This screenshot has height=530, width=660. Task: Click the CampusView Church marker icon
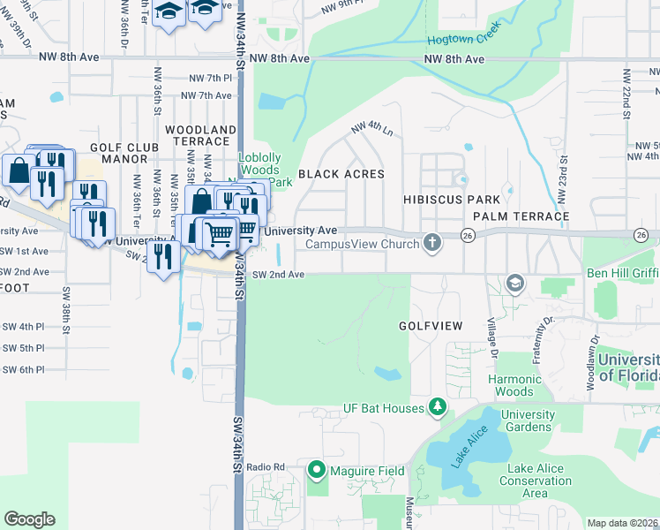pyautogui.click(x=431, y=241)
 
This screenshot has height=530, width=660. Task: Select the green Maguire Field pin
pyautogui.click(x=318, y=470)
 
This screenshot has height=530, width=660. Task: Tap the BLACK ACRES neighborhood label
pyautogui.click(x=341, y=174)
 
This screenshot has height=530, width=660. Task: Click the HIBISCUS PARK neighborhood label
pyautogui.click(x=452, y=201)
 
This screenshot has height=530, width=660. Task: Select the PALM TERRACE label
pyautogui.click(x=521, y=216)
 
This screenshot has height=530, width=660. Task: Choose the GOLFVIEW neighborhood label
pyautogui.click(x=431, y=326)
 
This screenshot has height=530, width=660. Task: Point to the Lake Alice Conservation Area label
pyautogui.click(x=536, y=481)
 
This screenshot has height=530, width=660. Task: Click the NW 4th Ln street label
pyautogui.click(x=371, y=128)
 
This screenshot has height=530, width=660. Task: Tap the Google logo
pyautogui.click(x=29, y=519)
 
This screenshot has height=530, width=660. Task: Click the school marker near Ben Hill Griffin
pyautogui.click(x=514, y=283)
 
